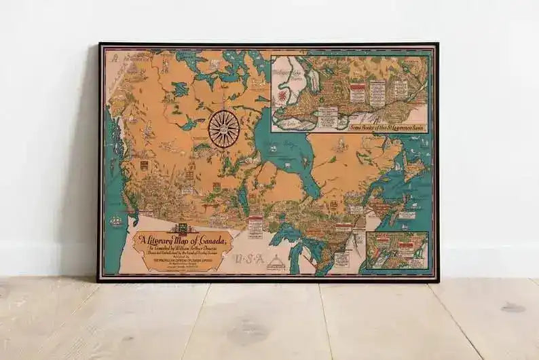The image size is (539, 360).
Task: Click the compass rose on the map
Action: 223,128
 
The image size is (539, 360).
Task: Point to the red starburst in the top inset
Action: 282,96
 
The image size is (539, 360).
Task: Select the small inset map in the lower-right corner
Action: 396,250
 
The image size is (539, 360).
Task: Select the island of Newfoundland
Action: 412,170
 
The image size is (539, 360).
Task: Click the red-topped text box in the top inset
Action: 358,89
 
